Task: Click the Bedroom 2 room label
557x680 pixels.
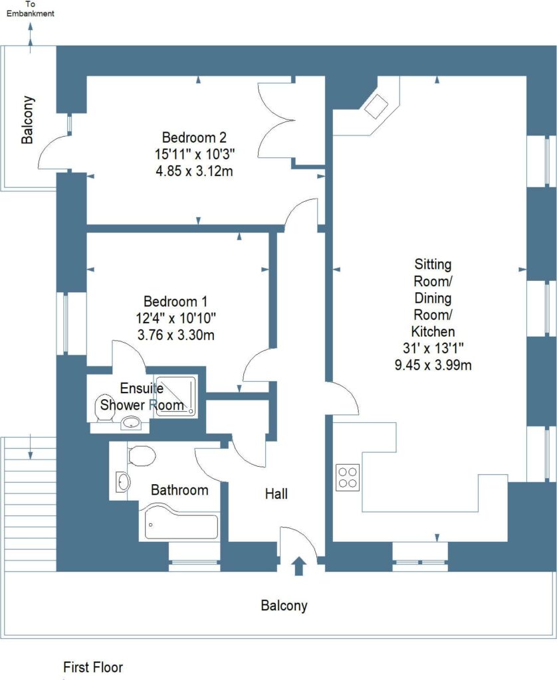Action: tap(195, 138)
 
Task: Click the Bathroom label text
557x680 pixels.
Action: tap(179, 490)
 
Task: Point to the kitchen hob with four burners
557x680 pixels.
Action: tap(347, 477)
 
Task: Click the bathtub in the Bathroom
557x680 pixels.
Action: tap(180, 526)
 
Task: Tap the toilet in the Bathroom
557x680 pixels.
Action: tap(141, 456)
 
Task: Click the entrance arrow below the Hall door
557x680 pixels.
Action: tap(298, 566)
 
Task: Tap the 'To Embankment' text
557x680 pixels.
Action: tap(27, 9)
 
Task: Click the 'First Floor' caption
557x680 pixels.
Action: tap(93, 667)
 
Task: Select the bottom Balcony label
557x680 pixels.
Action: tap(284, 605)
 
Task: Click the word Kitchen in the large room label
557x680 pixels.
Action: tap(433, 331)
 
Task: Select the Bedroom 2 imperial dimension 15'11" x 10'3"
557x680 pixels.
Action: tap(195, 155)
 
